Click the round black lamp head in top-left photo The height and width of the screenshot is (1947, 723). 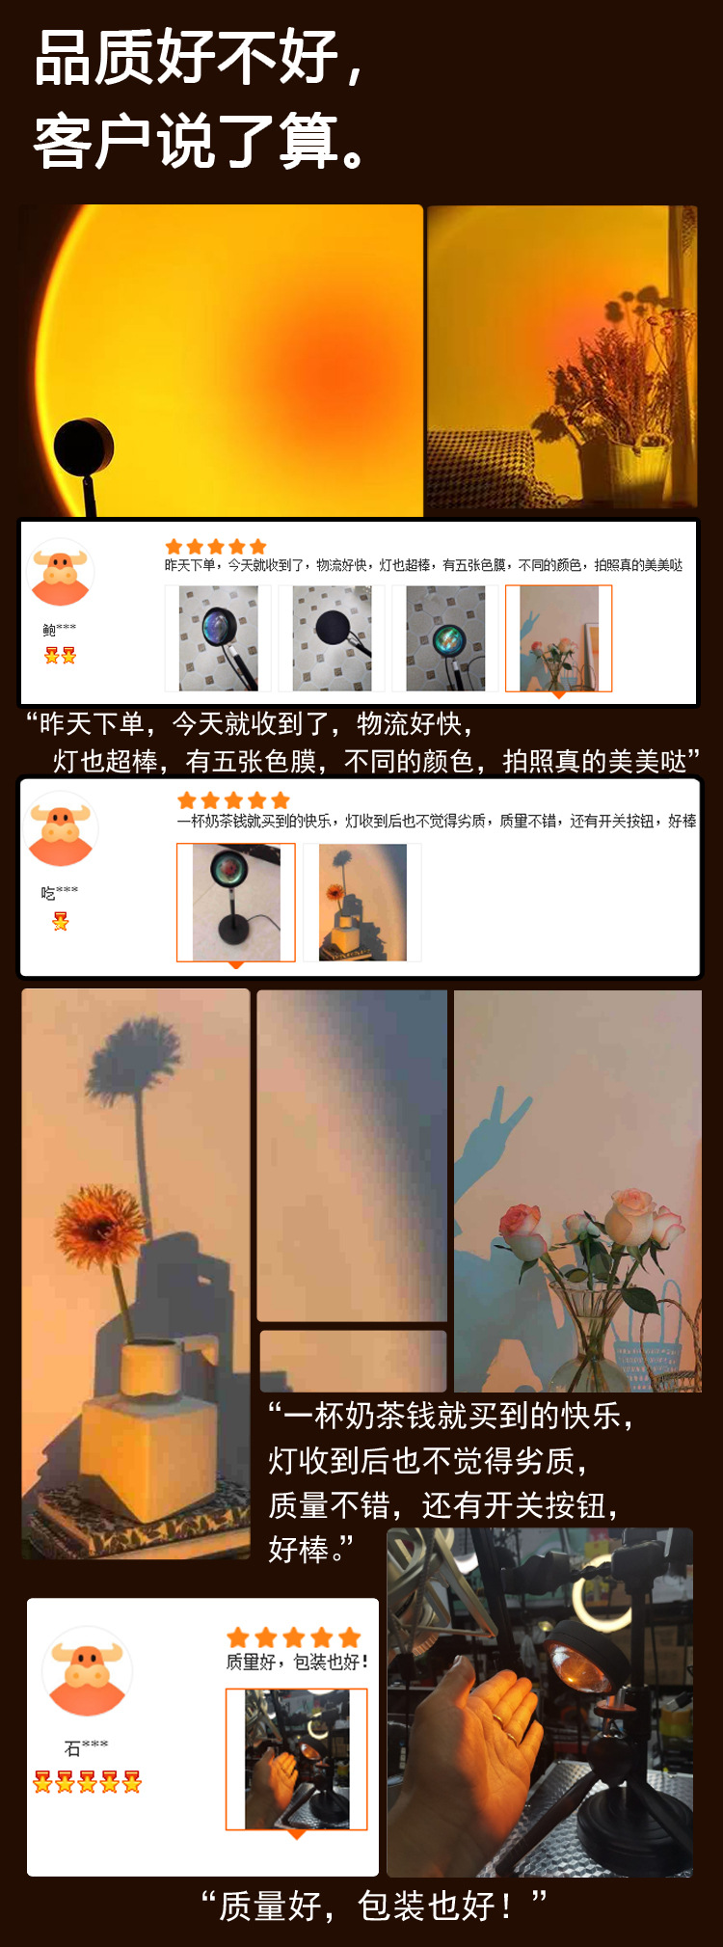(84, 447)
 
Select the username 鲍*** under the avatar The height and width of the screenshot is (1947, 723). (59, 630)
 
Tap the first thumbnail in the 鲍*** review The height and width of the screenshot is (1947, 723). (219, 637)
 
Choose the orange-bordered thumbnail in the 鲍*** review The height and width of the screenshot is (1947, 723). (558, 638)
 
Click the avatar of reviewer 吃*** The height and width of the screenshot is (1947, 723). (62, 829)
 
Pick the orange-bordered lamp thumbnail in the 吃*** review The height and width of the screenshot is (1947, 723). (235, 903)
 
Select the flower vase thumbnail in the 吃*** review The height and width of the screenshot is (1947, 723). (361, 903)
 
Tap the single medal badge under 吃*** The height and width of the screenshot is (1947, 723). (61, 922)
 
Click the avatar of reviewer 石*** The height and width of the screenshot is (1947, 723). (87, 1673)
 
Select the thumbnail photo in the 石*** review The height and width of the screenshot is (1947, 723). (296, 1759)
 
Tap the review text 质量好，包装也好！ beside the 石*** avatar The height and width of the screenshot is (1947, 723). (297, 1662)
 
